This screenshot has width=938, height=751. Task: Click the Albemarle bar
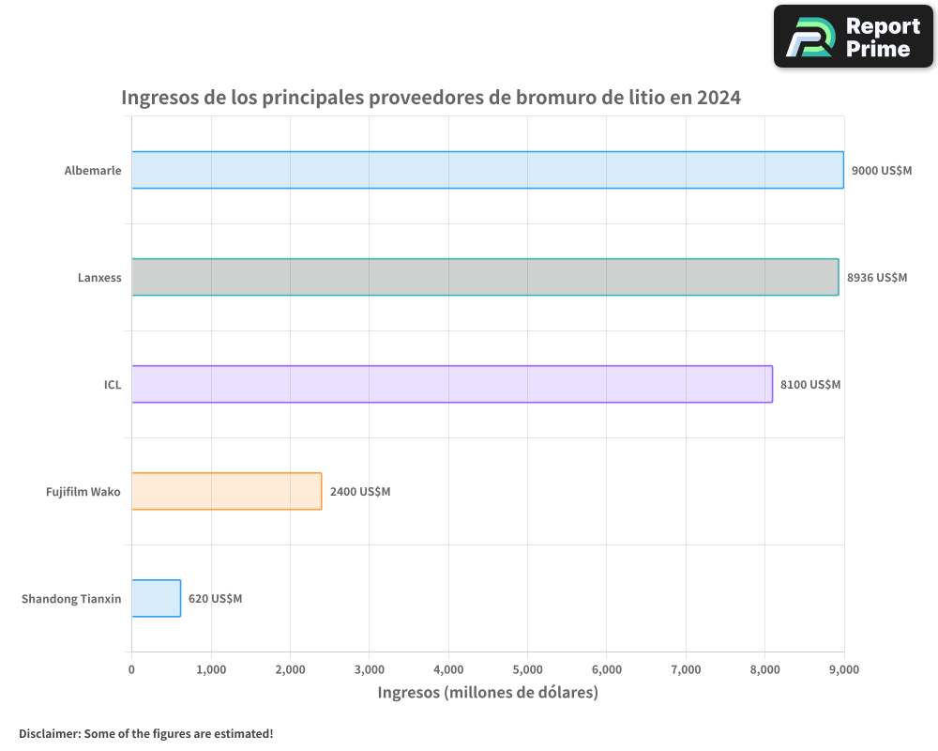[488, 170]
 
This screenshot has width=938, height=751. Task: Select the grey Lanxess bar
[485, 277]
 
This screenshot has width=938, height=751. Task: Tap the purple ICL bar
[452, 384]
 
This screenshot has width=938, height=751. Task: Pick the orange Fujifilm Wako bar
[227, 491]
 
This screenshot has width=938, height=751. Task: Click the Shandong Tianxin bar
[156, 598]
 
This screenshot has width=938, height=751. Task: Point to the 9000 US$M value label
[882, 171]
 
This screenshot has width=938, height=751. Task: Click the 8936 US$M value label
[877, 278]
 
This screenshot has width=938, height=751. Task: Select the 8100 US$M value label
[810, 385]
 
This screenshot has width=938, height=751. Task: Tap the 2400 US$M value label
[360, 492]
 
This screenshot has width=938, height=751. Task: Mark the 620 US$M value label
[215, 599]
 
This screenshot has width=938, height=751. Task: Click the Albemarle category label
[93, 171]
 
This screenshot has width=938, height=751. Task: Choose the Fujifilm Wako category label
[83, 492]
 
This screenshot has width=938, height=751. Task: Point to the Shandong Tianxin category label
[71, 599]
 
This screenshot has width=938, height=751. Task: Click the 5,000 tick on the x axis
[528, 669]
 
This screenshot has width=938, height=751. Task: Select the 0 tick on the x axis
[131, 669]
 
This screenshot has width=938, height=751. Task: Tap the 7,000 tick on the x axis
[687, 669]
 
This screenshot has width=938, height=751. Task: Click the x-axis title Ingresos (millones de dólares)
[488, 693]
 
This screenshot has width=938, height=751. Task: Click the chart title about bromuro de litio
[431, 98]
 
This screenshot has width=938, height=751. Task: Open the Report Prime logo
[854, 37]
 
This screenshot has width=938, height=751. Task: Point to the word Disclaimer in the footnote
[48, 733]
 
